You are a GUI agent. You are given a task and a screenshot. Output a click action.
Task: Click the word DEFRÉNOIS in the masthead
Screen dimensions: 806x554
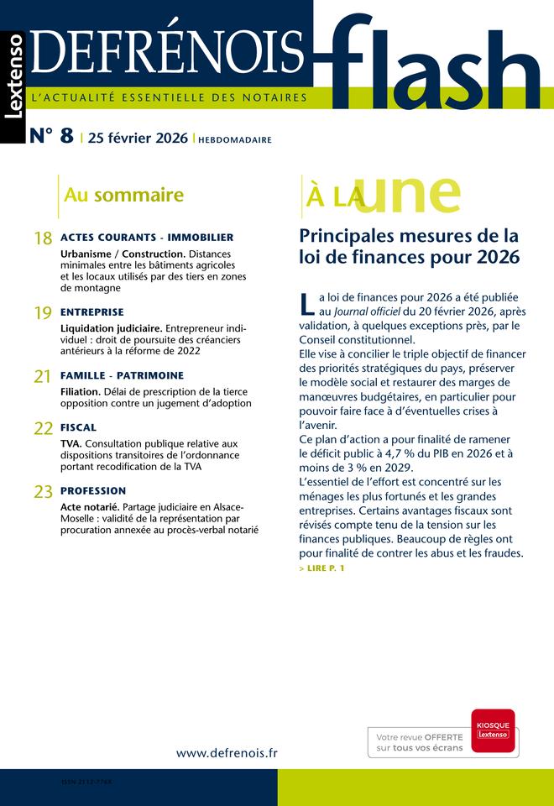tap(167, 52)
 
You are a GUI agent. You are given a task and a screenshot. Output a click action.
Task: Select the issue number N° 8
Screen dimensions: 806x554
tap(51, 138)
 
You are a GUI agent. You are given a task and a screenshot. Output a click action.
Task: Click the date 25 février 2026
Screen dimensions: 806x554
tap(138, 139)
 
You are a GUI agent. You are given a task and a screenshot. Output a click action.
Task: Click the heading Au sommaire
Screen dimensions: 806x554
tap(123, 196)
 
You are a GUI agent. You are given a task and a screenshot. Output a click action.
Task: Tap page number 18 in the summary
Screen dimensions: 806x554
tap(43, 239)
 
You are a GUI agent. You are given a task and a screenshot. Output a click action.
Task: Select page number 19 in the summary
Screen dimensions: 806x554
tap(43, 313)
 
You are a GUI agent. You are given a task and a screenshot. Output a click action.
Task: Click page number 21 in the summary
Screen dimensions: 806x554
tap(43, 377)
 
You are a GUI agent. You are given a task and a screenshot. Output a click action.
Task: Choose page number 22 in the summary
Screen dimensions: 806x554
tap(43, 429)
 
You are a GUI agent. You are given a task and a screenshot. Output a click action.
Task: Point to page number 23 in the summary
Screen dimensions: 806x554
tap(43, 492)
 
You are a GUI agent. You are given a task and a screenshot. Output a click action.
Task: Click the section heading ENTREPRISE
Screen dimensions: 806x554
tap(92, 311)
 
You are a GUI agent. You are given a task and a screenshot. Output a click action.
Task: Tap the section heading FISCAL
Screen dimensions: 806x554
tap(79, 427)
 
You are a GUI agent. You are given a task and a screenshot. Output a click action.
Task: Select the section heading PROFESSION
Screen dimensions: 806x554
tap(93, 490)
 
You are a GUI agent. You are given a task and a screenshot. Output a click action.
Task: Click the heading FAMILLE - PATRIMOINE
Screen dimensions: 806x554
tap(122, 375)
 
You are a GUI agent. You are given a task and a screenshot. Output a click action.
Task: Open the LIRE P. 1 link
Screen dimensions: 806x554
tap(321, 568)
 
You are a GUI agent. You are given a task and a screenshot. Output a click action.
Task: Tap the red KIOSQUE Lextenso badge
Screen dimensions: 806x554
tap(493, 730)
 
